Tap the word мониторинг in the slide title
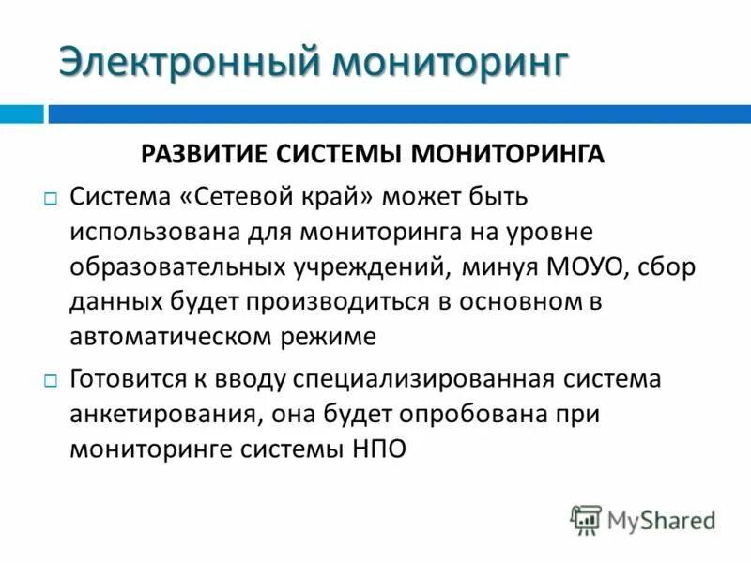coord(452,62)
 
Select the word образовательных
coord(176,267)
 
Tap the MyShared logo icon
coord(586,520)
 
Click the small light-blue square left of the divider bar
coord(21,114)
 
